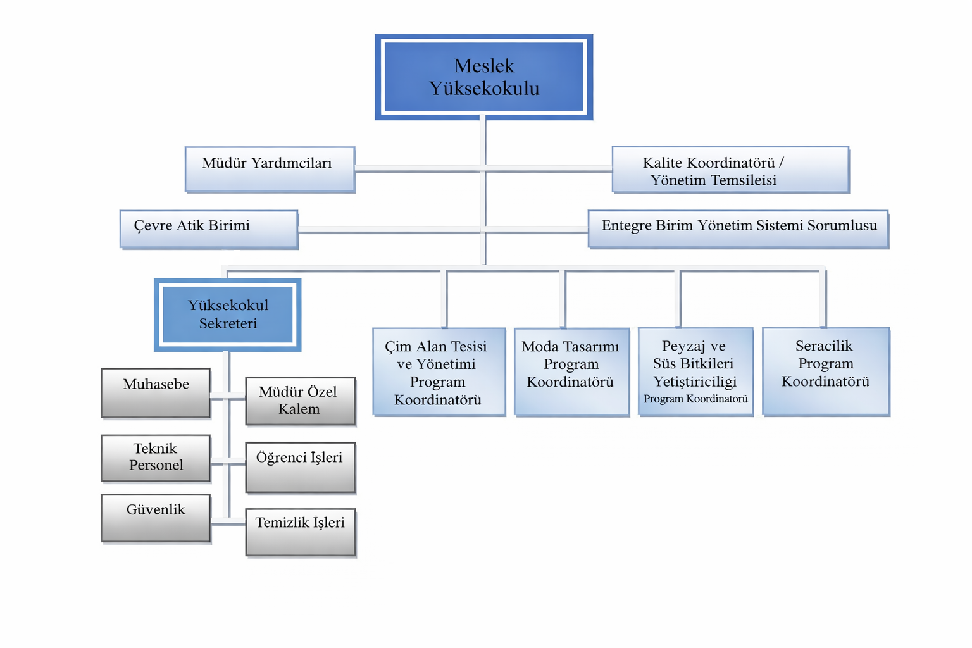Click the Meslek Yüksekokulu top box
tap(484, 77)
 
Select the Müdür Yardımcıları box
tap(270, 170)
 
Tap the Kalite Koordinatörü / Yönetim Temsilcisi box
tap(730, 170)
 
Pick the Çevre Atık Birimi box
tap(209, 229)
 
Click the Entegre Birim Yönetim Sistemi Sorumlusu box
tap(738, 228)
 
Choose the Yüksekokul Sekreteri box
tap(228, 315)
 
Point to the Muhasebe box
tap(156, 392)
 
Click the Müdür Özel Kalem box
tap(300, 401)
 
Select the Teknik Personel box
tap(156, 458)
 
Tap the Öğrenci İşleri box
tap(300, 467)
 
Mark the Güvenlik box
tap(156, 518)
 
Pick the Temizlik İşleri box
tap(300, 532)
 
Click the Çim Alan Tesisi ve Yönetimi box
tap(439, 371)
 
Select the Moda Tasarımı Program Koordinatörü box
tap(571, 371)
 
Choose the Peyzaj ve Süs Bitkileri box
tap(695, 371)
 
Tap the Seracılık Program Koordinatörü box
tap(826, 371)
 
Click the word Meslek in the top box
tap(484, 66)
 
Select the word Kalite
tap(663, 163)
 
